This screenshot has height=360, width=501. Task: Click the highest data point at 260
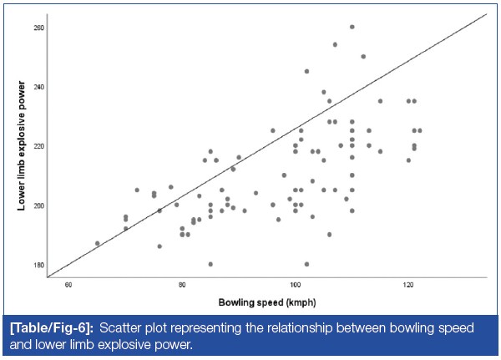(352, 27)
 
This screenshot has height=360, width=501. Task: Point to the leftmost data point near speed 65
(98, 243)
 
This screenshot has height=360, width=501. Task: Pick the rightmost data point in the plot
(419, 130)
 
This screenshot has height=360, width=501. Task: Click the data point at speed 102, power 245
(306, 71)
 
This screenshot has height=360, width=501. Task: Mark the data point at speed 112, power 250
(363, 57)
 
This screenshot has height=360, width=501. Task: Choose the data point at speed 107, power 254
(335, 44)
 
